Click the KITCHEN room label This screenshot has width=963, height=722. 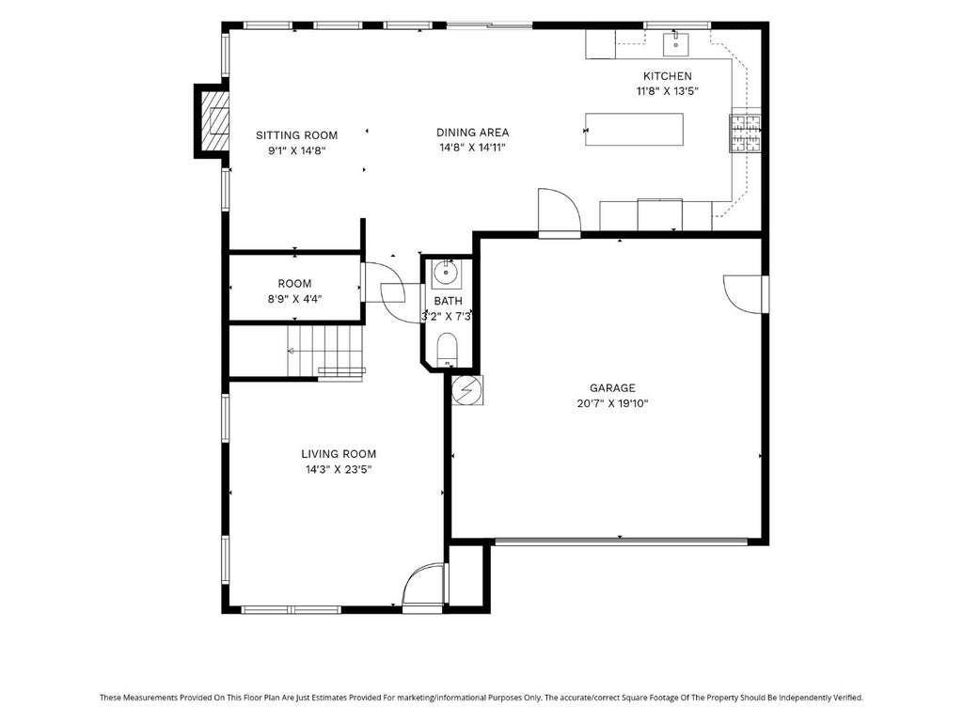pyautogui.click(x=667, y=76)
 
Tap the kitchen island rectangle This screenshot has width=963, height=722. pyautogui.click(x=634, y=129)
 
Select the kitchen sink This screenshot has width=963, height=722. pyautogui.click(x=675, y=43)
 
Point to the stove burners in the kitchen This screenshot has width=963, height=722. pyautogui.click(x=745, y=133)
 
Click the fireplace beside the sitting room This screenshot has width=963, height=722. pyautogui.click(x=213, y=121)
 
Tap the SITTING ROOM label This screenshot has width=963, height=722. pyautogui.click(x=296, y=135)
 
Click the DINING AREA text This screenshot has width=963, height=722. pyautogui.click(x=472, y=132)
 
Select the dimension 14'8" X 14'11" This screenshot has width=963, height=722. pyautogui.click(x=472, y=148)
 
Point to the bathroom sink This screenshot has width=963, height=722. pyautogui.click(x=446, y=274)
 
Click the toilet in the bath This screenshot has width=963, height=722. pyautogui.click(x=447, y=350)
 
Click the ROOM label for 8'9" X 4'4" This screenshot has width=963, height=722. pyautogui.click(x=294, y=284)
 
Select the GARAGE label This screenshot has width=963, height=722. pyautogui.click(x=612, y=388)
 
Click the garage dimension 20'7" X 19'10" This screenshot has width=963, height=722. pyautogui.click(x=612, y=403)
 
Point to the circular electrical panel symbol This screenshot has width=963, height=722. pyautogui.click(x=466, y=390)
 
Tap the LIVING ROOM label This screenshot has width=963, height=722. pyautogui.click(x=339, y=454)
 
